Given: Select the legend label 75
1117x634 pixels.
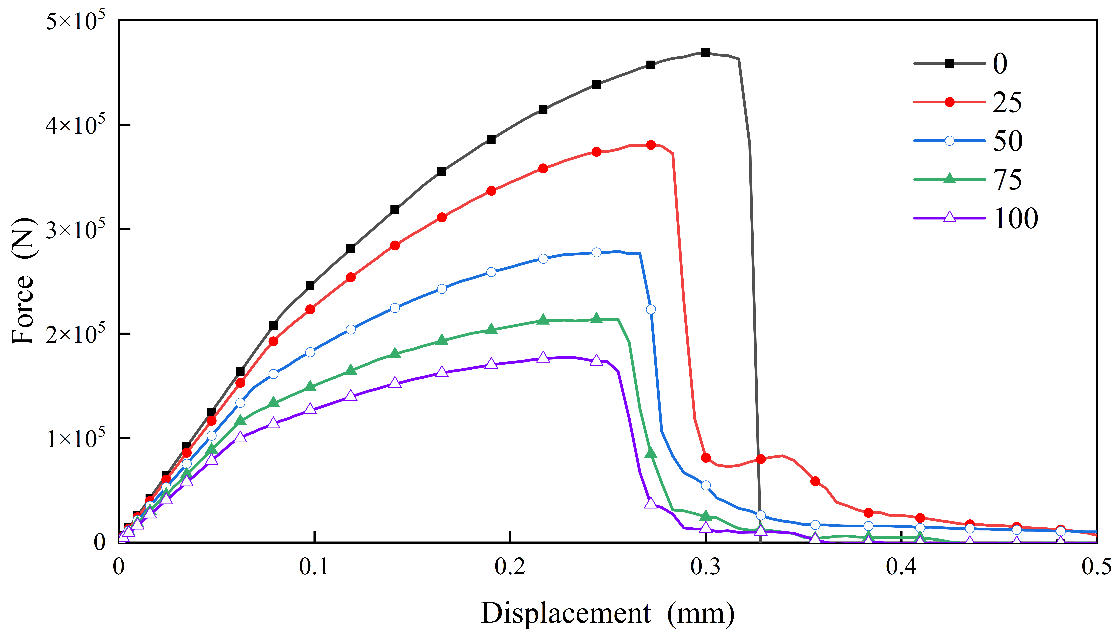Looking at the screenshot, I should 1007,179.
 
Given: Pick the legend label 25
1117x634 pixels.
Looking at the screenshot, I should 1007,102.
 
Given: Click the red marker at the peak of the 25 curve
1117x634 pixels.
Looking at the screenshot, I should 651,145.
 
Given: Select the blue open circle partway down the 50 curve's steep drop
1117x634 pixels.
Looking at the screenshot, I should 651,309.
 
